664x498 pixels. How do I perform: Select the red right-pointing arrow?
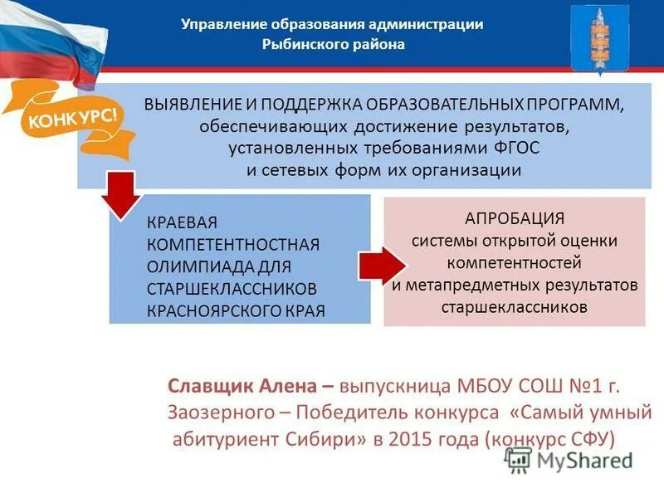[x=381, y=265]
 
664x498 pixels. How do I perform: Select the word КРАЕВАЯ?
[x=182, y=222]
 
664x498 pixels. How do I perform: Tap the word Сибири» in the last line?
[x=331, y=439]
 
